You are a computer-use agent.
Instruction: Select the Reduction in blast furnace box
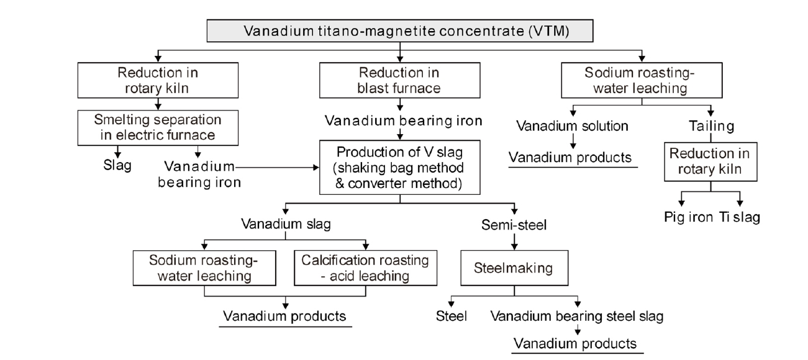tap(401, 81)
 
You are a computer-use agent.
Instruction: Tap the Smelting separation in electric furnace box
tap(158, 125)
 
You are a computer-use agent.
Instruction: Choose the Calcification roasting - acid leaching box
tap(365, 268)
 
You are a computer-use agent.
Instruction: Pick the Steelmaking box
tap(514, 269)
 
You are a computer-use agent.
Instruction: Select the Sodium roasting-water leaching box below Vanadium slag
tap(204, 268)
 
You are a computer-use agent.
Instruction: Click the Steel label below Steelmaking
tap(452, 317)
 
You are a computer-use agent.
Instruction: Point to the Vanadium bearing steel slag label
tap(577, 317)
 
